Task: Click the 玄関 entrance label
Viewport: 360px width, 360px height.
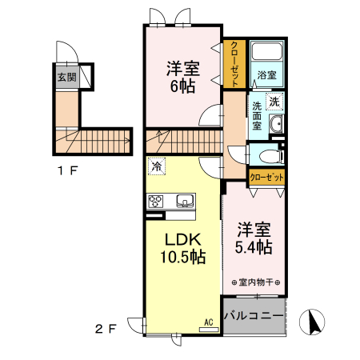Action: tap(66, 78)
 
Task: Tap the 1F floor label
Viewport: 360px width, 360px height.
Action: tap(66, 170)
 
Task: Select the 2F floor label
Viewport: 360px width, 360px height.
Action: tap(107, 328)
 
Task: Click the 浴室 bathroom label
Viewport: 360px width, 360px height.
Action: tap(266, 75)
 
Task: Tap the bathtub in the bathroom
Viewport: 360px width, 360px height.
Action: tap(267, 53)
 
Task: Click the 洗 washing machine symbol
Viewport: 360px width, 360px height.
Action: tap(274, 102)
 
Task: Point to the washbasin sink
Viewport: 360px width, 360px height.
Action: tap(276, 124)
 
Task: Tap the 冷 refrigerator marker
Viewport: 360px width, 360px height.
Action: tap(156, 166)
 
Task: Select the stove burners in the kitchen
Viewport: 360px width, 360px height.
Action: tap(155, 201)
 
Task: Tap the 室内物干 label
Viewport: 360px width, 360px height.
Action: tap(254, 282)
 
